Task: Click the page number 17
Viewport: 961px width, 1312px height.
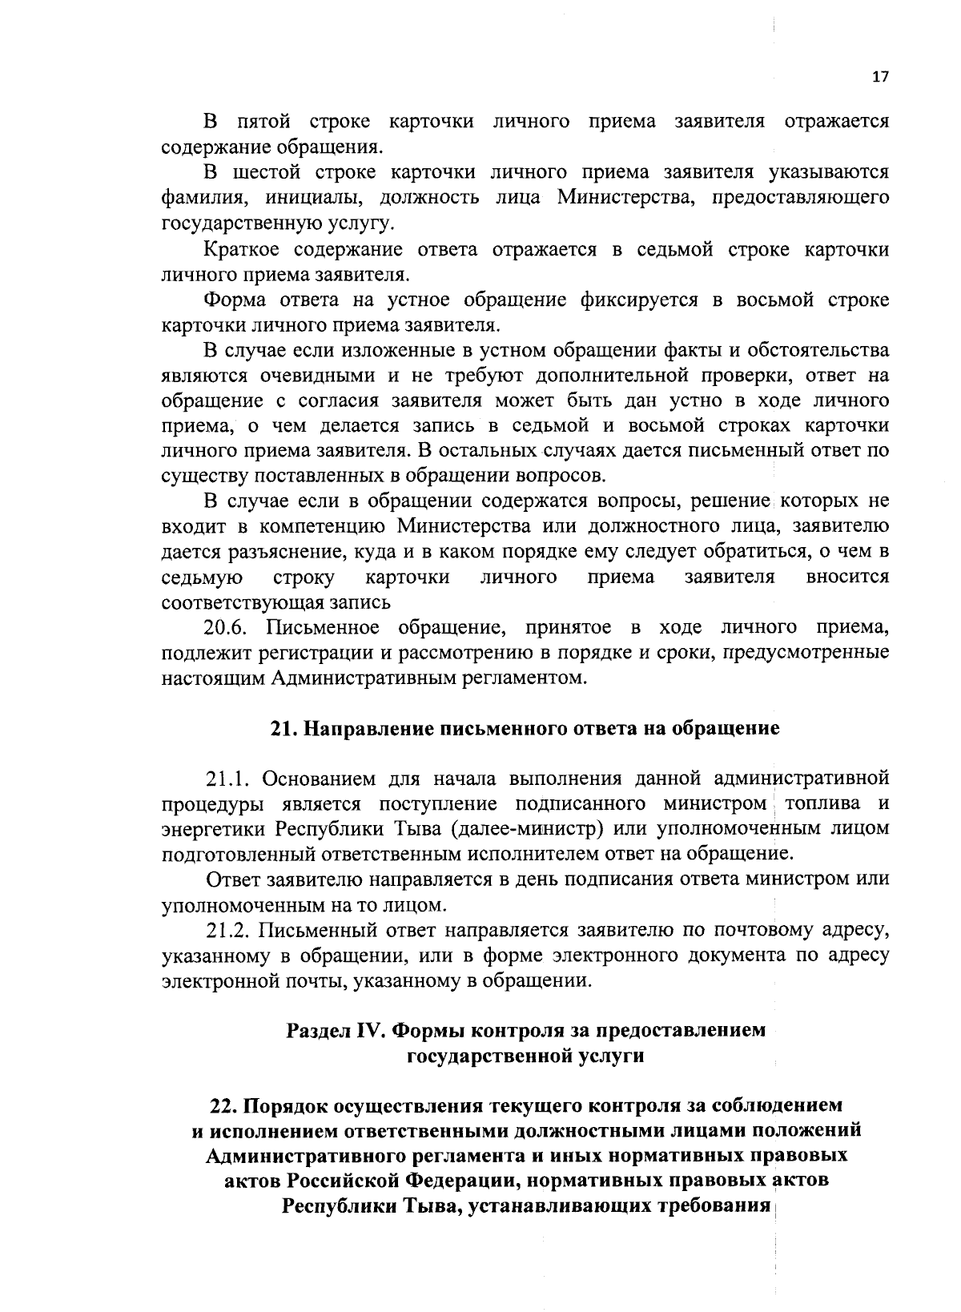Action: [x=879, y=77]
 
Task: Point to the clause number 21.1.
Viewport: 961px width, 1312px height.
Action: [x=229, y=779]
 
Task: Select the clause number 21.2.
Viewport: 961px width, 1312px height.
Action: [x=229, y=930]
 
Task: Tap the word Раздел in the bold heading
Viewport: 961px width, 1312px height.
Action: [x=319, y=1031]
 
